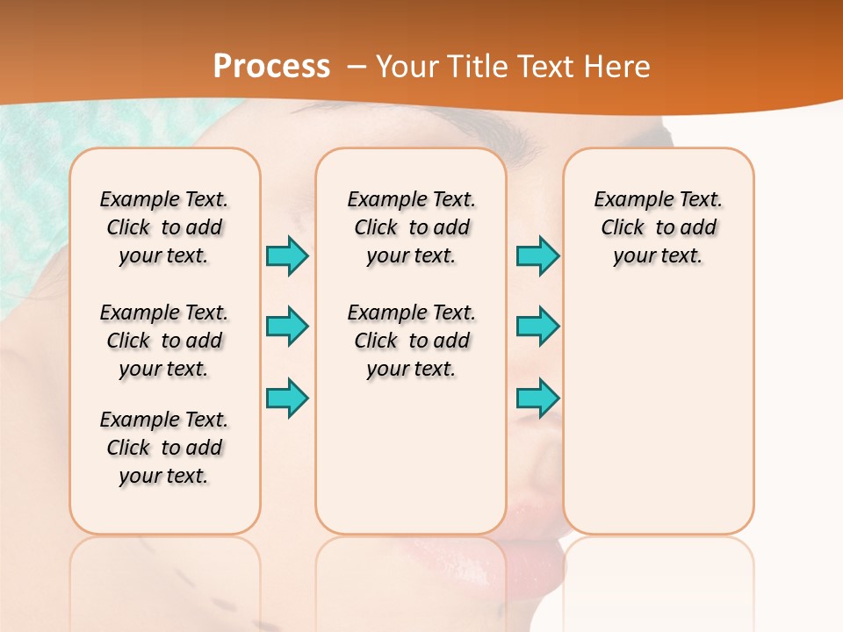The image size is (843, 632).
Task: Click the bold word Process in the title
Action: (271, 67)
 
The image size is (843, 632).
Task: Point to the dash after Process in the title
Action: (357, 67)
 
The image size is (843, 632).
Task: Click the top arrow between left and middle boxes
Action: (287, 255)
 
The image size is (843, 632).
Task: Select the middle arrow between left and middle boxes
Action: (287, 327)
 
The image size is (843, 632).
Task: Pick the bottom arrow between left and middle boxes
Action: (287, 398)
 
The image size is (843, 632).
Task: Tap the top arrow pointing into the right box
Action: (537, 255)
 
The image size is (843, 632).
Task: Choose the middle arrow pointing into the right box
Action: (537, 327)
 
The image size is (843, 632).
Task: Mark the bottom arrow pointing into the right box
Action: (537, 398)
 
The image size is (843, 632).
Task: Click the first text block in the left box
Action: (164, 227)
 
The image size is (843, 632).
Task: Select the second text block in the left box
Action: (164, 341)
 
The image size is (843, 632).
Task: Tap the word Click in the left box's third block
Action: (128, 448)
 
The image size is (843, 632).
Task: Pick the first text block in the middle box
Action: (411, 227)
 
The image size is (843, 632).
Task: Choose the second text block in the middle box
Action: (411, 341)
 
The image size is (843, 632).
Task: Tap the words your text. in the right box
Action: (658, 256)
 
